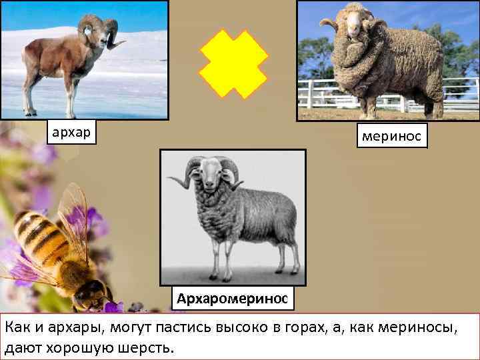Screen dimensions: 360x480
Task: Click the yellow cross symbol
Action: point(233,64)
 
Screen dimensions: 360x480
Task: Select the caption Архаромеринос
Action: point(232,298)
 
